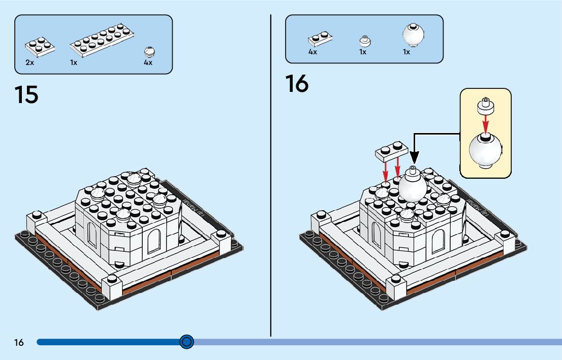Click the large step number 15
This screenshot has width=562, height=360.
pos(26,94)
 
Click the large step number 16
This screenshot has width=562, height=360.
pos(297,84)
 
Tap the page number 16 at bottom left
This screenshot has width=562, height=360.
pos(19,343)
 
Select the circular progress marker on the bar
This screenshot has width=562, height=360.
pos(187,342)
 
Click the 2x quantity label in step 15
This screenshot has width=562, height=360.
pos(29,62)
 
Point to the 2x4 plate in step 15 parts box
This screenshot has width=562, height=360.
pos(40,47)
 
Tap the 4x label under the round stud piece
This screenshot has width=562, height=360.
pos(148,62)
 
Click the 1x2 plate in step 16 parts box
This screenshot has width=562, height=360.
pos(321,39)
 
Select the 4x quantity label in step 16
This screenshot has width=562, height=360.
pos(313,52)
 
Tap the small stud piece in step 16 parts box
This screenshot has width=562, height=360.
pos(364,41)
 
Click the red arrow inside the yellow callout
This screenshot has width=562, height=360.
pos(485,122)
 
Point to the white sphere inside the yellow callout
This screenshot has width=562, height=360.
pos(485,150)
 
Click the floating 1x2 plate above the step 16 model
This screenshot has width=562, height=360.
pos(391,149)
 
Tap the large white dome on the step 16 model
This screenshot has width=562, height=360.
pos(413,186)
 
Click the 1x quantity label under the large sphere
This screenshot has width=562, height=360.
pos(407,52)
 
